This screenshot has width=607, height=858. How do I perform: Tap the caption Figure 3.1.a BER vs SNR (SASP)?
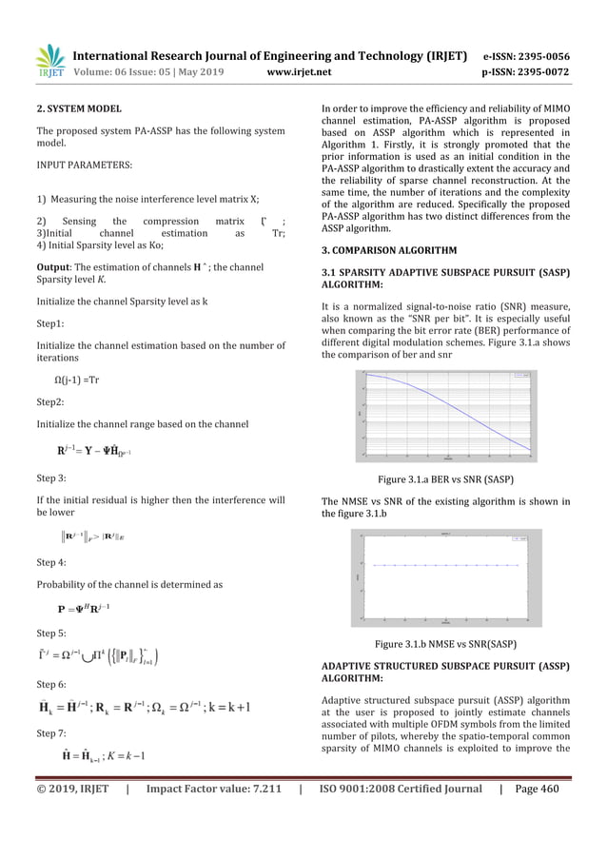(447, 482)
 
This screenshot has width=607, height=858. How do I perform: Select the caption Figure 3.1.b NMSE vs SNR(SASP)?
(447, 644)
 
